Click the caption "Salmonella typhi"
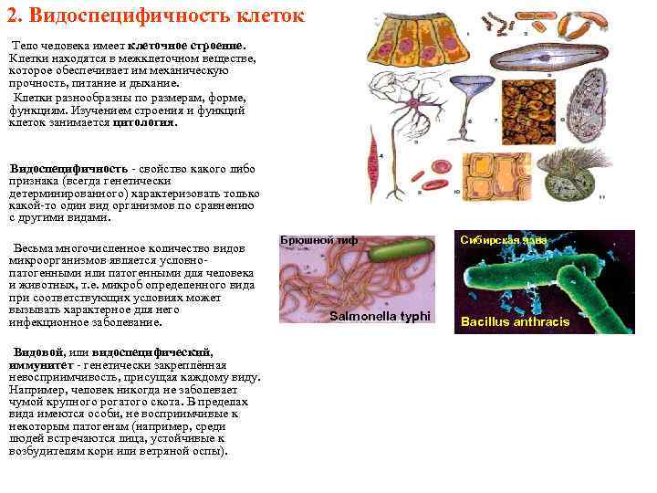tap(378, 315)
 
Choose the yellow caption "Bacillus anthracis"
tap(515, 321)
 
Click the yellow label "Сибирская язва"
tap(504, 240)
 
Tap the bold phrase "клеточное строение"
tap(186, 45)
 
